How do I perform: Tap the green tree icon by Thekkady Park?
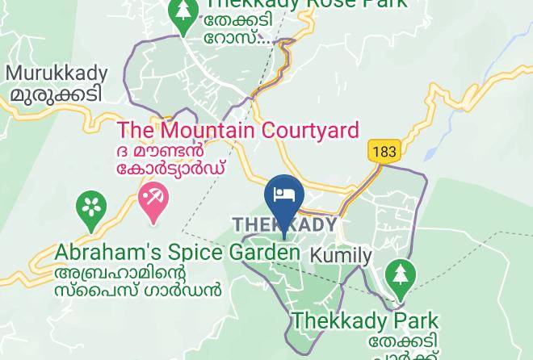click(398, 276)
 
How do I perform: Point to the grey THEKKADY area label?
click(284, 224)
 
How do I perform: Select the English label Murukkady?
click(57, 73)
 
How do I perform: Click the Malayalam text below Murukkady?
click(57, 94)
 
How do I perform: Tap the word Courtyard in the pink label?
click(309, 130)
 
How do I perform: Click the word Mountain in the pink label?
click(205, 130)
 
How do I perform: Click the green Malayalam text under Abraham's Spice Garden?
click(137, 280)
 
